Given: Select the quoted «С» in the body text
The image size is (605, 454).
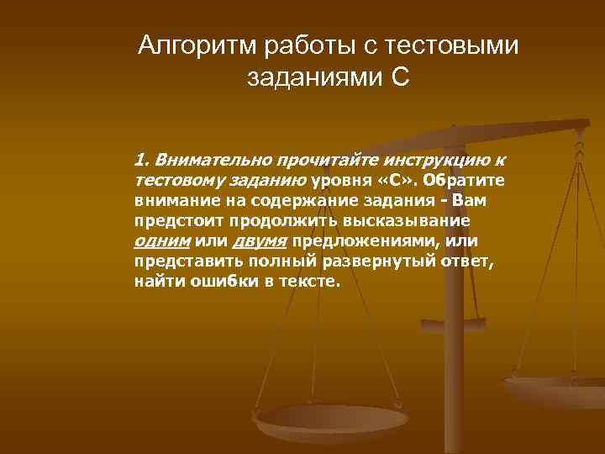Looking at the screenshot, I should [x=400, y=180].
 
